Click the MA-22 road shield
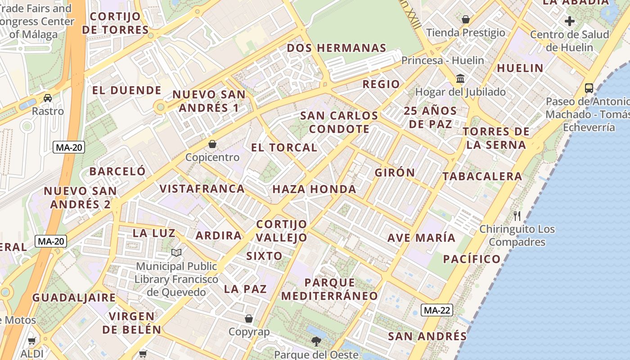coord(437,310)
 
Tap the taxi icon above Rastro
coord(47,98)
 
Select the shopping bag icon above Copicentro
coord(212,144)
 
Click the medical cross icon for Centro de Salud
coord(570,21)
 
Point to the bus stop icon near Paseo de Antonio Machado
coord(589,88)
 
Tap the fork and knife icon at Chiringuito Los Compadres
coord(517,216)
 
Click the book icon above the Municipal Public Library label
coord(176,253)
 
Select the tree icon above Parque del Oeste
coord(316,341)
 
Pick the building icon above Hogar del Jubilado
coord(460,79)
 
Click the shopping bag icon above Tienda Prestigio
coord(466,19)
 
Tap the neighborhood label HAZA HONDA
coord(314,189)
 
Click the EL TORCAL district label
coord(284,148)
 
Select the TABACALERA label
coord(482,176)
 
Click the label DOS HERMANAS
coord(337,48)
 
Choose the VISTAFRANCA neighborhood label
coord(202,189)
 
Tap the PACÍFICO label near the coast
coord(472,259)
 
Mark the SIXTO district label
coord(264,256)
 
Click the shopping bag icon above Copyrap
coord(248,319)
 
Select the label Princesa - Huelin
coord(442,60)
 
